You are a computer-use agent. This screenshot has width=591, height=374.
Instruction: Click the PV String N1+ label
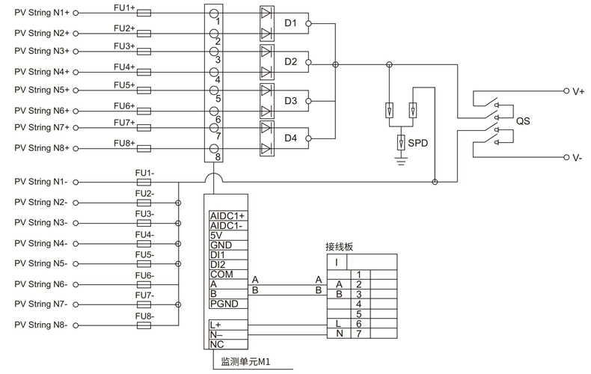42,13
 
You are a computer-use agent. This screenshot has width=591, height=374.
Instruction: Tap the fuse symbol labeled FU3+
144,52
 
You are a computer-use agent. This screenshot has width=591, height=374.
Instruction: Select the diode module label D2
291,61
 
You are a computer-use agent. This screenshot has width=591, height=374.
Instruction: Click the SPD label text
418,142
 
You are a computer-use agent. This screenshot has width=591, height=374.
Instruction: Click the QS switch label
523,120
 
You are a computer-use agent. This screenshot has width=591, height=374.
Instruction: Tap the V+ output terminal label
578,91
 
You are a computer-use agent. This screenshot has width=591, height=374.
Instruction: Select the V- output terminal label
578,158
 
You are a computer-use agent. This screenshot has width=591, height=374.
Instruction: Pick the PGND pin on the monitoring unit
224,304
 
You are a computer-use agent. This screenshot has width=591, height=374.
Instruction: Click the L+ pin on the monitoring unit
216,325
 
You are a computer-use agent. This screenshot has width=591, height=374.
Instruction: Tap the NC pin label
217,345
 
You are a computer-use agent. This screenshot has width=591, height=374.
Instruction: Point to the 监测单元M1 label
245,362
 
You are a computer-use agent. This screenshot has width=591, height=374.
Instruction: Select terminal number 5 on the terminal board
360,314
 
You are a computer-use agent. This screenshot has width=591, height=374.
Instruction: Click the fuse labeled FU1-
144,182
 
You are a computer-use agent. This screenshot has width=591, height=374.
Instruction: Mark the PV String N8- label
41,325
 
